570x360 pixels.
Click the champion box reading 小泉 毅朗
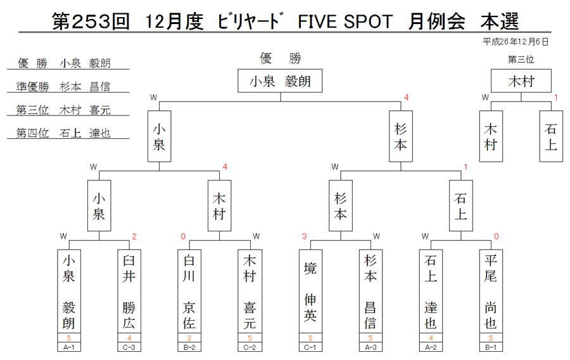tap(280, 80)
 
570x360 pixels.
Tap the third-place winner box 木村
tap(521, 80)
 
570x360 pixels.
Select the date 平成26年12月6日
tap(516, 42)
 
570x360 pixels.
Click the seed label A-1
tap(68, 347)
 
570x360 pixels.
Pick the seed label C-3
tap(129, 347)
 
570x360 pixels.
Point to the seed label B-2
tap(189, 347)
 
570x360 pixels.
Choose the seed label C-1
tap(310, 347)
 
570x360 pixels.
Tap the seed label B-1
tap(491, 347)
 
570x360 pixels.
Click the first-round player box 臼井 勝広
tap(129, 291)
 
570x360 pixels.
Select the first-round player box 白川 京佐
tap(189, 291)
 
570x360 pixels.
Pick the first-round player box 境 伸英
tap(310, 291)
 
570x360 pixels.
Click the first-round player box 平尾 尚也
tap(491, 291)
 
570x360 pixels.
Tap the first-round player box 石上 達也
tap(431, 291)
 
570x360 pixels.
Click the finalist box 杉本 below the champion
tap(401, 136)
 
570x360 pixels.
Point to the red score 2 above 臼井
tap(134, 237)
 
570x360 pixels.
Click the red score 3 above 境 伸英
tap(304, 237)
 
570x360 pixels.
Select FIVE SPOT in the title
tap(345, 22)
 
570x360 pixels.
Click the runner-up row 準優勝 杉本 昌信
tap(63, 87)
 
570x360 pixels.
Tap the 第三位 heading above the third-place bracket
tap(521, 60)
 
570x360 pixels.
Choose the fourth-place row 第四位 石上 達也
tap(63, 133)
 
